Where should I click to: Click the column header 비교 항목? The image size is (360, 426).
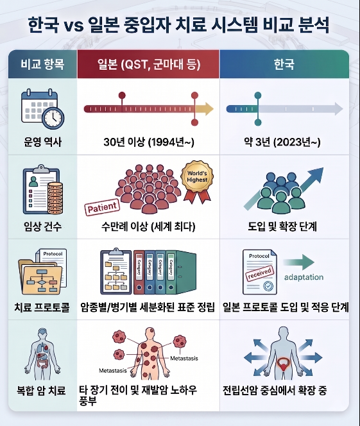click(42, 64)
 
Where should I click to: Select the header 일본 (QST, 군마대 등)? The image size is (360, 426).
click(149, 65)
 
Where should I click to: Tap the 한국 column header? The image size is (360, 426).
click(284, 65)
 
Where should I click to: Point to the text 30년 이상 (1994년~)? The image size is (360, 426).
click(149, 142)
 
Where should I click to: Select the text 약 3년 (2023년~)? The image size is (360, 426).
click(282, 142)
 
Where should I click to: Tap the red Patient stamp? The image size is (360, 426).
click(102, 207)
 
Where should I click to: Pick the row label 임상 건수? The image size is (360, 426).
click(42, 226)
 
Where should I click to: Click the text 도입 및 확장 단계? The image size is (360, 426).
click(282, 226)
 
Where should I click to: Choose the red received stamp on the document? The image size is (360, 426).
click(259, 273)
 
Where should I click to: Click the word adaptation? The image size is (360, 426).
click(304, 277)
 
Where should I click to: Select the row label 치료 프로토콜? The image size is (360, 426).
click(42, 307)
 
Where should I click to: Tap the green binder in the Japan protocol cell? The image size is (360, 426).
click(181, 272)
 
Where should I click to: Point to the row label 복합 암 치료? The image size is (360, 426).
click(41, 391)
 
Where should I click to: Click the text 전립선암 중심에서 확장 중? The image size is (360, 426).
click(275, 391)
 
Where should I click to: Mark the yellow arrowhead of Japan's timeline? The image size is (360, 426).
click(207, 109)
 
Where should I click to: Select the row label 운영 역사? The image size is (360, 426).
click(42, 142)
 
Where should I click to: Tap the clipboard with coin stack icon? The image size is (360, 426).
click(42, 189)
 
